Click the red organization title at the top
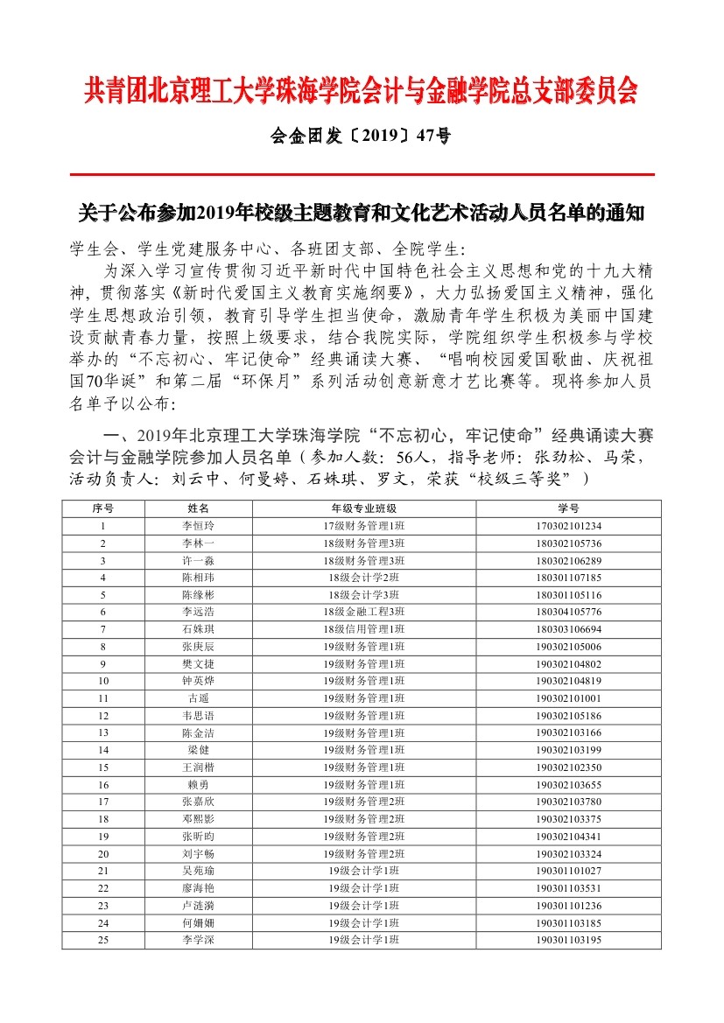coord(362,90)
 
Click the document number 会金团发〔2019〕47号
coord(362,136)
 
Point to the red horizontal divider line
coord(362,175)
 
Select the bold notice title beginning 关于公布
coord(362,213)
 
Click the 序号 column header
coord(103,508)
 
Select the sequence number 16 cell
coord(103,784)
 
